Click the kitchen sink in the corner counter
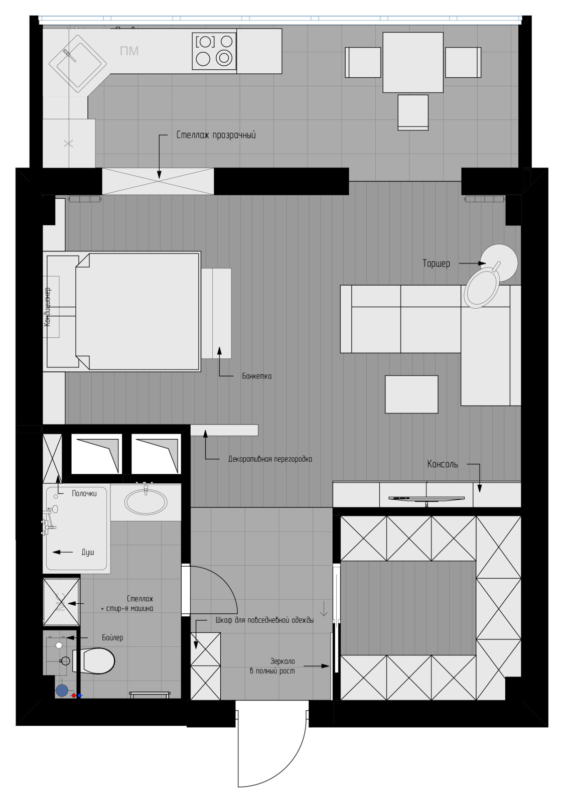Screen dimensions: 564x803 (78, 65)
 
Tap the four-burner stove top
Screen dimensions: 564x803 (214, 51)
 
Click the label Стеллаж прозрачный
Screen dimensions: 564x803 (216, 135)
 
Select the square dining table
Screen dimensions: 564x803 (413, 62)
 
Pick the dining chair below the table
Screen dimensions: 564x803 (413, 112)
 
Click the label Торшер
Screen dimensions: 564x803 (436, 263)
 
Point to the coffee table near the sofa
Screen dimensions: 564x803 (411, 394)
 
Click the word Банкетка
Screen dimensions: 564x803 (256, 376)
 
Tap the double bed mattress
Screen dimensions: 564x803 (137, 311)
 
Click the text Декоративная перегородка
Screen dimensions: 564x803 (270, 459)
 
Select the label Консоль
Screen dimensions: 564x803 (443, 464)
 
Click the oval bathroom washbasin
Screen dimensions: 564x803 (146, 502)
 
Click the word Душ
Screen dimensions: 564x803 (88, 552)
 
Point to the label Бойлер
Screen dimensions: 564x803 (112, 637)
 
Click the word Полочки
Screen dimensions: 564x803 (84, 493)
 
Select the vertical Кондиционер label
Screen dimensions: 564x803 (47, 307)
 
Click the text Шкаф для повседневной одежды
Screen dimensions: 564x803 (265, 620)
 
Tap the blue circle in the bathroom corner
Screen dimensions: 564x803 (62, 691)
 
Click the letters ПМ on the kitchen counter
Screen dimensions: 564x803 (129, 51)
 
